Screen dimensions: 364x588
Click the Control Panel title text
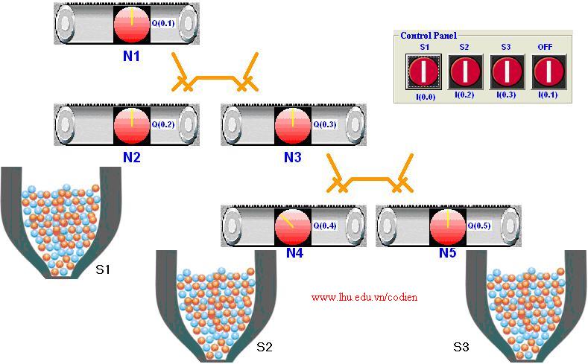[x=429, y=35]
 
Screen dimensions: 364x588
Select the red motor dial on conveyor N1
[x=132, y=23]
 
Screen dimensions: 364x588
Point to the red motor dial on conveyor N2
[x=132, y=124]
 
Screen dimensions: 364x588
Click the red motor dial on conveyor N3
[x=293, y=124]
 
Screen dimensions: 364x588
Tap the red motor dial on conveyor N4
[x=293, y=226]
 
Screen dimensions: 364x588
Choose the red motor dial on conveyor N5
[x=448, y=226]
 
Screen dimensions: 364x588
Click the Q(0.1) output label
[x=162, y=23]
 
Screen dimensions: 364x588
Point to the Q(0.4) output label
[x=324, y=226]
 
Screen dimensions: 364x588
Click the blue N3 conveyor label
[x=293, y=157]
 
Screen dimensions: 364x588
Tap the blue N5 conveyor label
[x=447, y=253]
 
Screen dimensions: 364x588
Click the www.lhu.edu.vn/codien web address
[x=364, y=297]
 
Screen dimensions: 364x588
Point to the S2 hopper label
[x=264, y=347]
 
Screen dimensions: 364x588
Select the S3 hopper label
[x=461, y=347]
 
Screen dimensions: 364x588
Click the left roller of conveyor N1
[x=67, y=23]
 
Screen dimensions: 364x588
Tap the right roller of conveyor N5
[x=510, y=226]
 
